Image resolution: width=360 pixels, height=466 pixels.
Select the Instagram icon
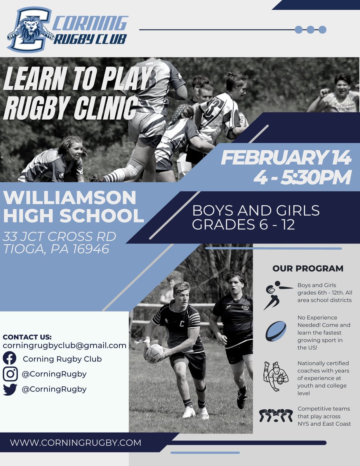tap(10, 374)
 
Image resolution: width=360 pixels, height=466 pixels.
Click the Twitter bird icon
tap(10, 389)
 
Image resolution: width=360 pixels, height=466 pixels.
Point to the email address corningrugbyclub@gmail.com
tap(64, 345)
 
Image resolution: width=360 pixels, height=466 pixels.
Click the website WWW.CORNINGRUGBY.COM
tap(76, 442)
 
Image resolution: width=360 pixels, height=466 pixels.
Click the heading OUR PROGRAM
tap(308, 268)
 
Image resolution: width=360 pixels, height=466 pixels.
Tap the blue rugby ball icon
tap(276, 331)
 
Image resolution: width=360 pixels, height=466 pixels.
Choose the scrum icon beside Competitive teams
tap(276, 416)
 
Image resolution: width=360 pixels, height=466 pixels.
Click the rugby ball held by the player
tap(155, 353)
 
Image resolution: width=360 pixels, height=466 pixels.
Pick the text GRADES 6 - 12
tap(244, 224)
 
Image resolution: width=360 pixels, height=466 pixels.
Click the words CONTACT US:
tap(27, 337)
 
